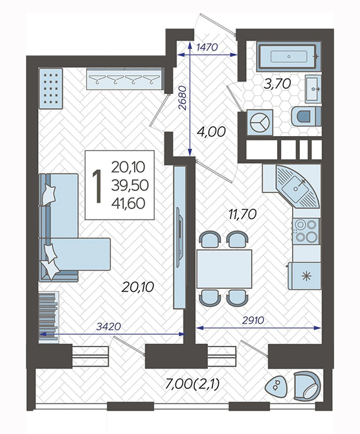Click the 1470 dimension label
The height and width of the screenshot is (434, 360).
tap(207, 47)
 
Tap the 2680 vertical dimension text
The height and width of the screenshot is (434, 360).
tap(183, 98)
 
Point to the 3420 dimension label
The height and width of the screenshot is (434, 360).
tap(109, 326)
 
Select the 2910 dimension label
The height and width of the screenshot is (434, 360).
tap(253, 320)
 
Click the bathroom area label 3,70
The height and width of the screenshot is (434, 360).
tap(277, 84)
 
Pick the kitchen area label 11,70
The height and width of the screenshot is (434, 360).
tap(243, 214)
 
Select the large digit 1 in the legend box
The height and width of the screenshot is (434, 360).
tap(97, 187)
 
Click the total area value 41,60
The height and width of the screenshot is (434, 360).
tap(128, 203)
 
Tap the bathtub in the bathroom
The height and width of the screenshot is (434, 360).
tap(289, 56)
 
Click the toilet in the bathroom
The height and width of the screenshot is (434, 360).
tap(306, 116)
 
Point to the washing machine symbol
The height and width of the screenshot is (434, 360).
tap(260, 122)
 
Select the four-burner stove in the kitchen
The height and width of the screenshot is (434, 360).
tap(306, 231)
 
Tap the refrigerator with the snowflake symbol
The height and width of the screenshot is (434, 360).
tap(304, 276)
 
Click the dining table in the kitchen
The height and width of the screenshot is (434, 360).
tap(224, 269)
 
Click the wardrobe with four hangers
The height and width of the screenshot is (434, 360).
tap(124, 78)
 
